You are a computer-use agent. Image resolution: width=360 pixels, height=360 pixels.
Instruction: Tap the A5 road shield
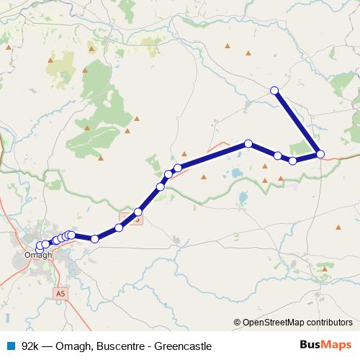60,293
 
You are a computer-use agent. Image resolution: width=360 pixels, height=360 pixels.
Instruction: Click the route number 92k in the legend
30,346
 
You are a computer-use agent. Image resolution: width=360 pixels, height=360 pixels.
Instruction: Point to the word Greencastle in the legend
181,346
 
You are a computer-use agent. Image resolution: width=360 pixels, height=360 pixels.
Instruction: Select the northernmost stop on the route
274,90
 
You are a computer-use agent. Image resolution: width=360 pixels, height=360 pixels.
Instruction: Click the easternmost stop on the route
320,153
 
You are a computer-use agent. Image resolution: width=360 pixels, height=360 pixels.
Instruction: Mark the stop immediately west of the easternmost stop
292,161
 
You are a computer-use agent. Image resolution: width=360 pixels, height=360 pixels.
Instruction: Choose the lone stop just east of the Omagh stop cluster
94,238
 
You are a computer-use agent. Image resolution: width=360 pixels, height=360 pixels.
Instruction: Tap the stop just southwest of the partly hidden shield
119,228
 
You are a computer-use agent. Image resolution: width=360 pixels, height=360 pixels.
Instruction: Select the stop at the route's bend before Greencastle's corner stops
248,143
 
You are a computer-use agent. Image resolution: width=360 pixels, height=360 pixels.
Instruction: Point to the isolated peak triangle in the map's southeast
338,228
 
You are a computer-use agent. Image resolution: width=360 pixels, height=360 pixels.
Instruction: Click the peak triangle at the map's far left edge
9,48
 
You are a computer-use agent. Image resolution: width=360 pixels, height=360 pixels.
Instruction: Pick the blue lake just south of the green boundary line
243,196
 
